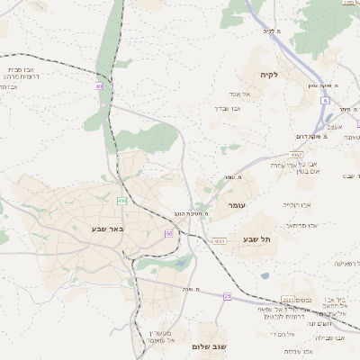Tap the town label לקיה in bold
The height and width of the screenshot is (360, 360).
click(269, 74)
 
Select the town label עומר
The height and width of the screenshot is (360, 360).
click(237, 205)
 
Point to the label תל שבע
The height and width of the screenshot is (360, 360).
click(257, 239)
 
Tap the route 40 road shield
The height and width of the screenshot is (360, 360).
click(98, 86)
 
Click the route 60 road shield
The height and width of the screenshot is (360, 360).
click(168, 233)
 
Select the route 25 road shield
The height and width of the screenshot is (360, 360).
click(228, 296)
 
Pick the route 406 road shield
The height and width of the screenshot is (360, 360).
click(121, 201)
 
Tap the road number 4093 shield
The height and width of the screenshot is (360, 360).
click(220, 240)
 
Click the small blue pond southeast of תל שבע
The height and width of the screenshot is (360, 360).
click(265, 275)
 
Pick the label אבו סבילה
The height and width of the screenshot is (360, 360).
click(329, 337)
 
